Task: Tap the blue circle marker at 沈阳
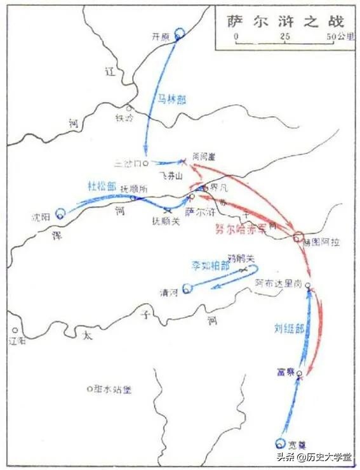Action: (60, 214)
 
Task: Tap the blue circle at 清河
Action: (187, 289)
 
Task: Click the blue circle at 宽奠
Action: (281, 444)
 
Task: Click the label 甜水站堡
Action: (112, 389)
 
